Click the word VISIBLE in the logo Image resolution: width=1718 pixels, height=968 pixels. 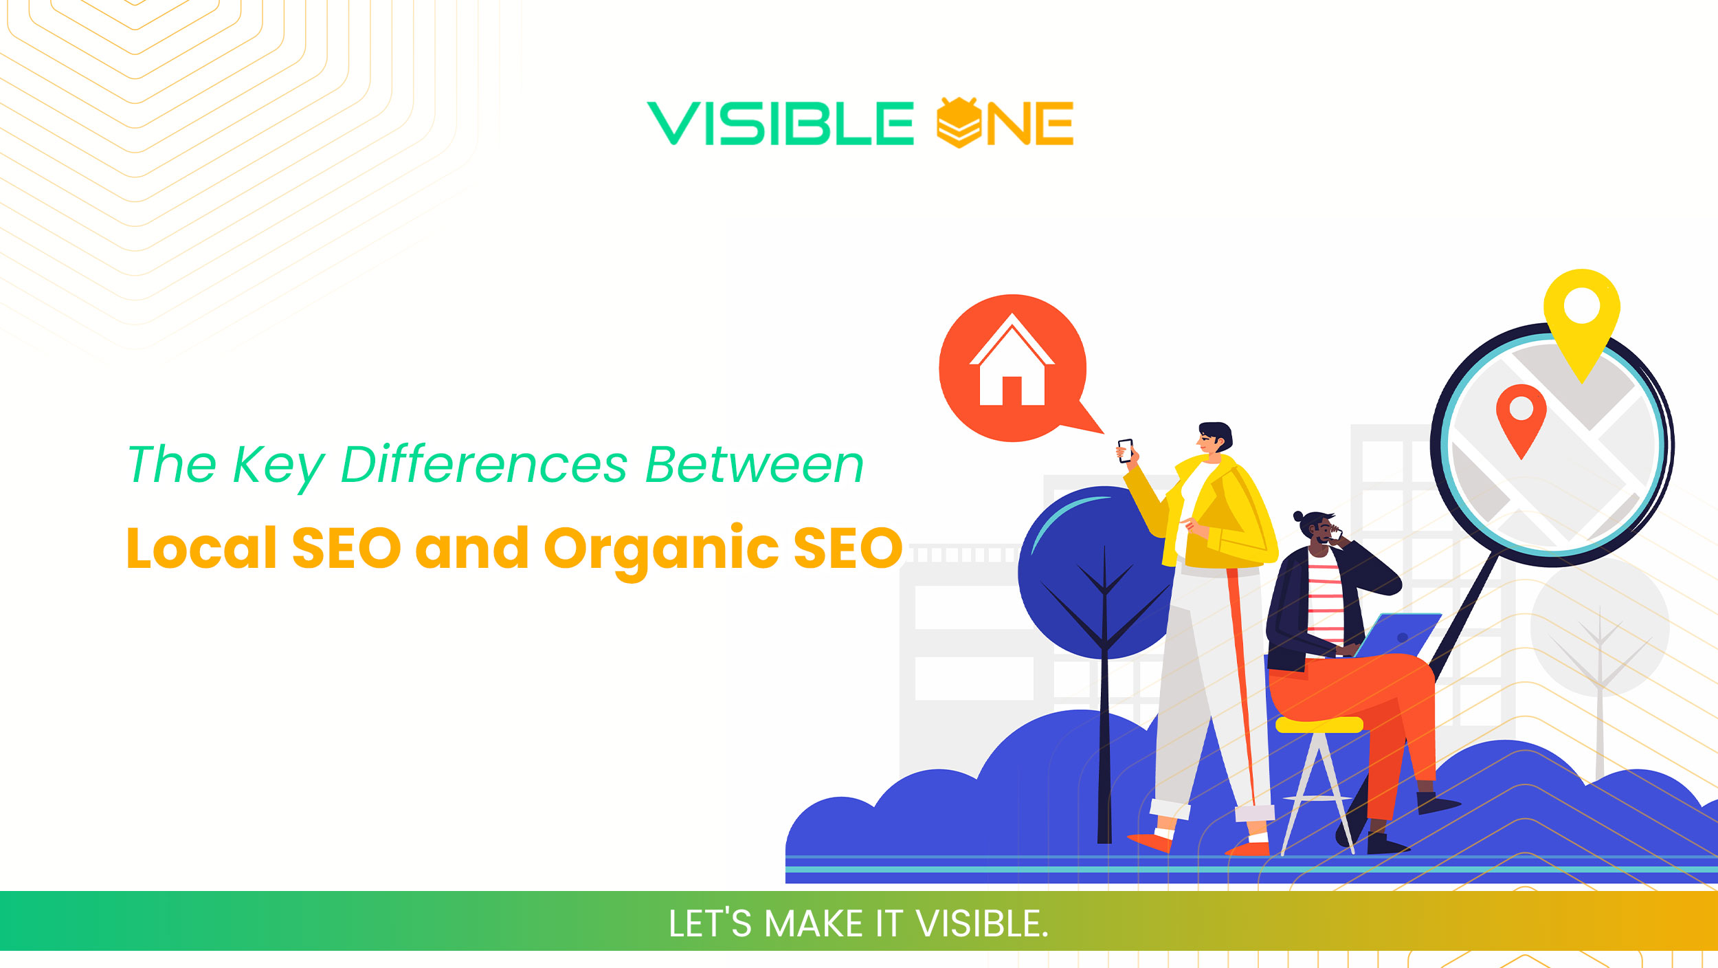click(780, 124)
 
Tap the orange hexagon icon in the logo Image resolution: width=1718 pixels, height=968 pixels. click(959, 123)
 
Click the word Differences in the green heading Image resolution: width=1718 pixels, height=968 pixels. click(484, 465)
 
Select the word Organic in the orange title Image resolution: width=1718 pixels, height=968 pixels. click(663, 549)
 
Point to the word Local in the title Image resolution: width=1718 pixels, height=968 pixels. click(201, 548)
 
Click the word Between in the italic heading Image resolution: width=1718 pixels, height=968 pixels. click(754, 465)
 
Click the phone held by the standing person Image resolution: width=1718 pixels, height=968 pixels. click(1125, 451)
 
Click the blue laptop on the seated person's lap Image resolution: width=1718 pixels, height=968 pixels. click(1398, 637)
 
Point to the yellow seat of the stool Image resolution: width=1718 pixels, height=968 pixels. click(1319, 725)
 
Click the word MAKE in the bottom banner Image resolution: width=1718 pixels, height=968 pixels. click(813, 923)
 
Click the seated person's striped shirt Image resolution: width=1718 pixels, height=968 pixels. click(1325, 598)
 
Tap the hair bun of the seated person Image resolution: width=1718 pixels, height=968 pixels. click(1297, 516)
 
